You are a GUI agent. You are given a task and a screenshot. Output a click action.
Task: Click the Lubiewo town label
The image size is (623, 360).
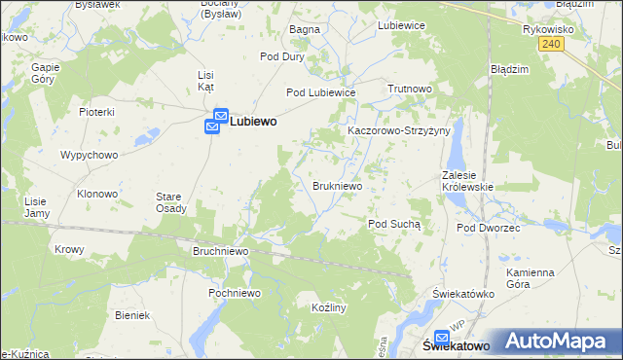pos(253,123)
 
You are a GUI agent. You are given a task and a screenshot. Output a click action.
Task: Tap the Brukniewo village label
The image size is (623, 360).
pos(338,185)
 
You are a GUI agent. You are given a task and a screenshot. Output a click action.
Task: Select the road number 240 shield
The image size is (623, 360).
pos(551,44)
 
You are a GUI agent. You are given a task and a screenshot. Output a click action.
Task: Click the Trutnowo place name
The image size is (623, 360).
pos(409,89)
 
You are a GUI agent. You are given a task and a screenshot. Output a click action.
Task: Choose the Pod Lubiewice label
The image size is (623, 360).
pos(320,92)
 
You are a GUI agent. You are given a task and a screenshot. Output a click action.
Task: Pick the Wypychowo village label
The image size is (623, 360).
pos(89,155)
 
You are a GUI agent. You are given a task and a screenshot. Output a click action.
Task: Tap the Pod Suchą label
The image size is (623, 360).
pos(394,224)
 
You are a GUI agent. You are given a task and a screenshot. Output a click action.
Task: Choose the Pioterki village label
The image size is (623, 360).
pos(97,112)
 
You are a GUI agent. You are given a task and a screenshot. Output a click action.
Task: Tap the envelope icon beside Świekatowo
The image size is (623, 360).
pos(443,331)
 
